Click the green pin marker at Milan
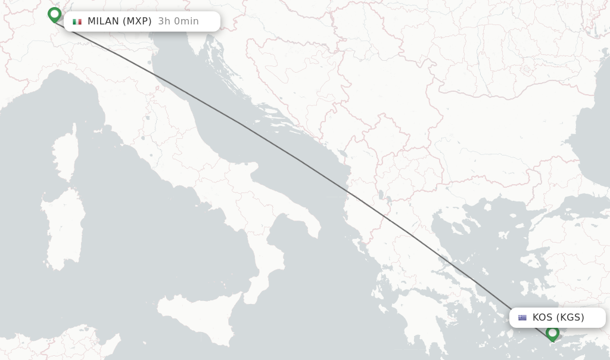click(x=54, y=14)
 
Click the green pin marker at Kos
click(x=552, y=333)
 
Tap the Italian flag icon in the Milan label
click(x=77, y=21)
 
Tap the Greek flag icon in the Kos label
click(x=522, y=318)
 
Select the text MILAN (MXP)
click(x=119, y=21)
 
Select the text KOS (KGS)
click(x=558, y=318)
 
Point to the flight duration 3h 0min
click(x=178, y=21)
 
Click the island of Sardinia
click(x=64, y=229)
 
